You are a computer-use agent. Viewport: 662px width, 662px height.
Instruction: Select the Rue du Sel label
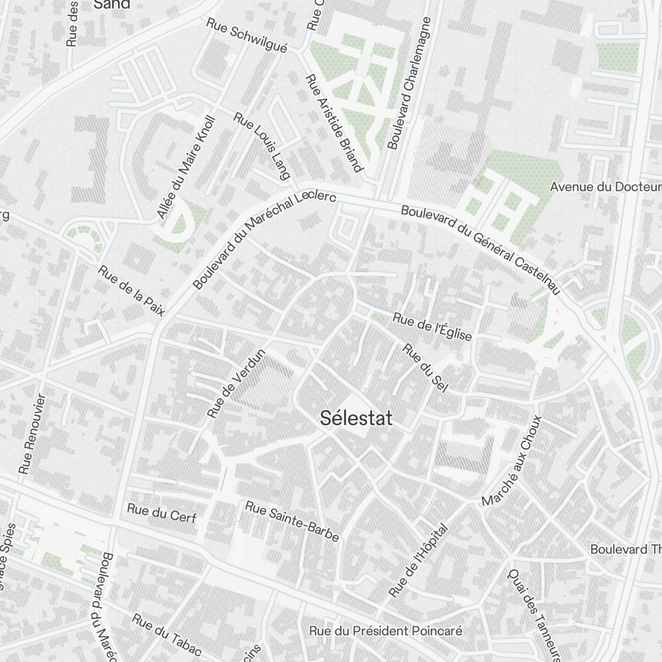(425, 367)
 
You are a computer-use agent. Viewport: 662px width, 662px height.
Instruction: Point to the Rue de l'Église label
(432, 327)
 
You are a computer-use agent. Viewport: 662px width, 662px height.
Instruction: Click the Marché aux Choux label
(512, 461)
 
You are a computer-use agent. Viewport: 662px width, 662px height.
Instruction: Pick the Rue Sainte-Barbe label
(292, 521)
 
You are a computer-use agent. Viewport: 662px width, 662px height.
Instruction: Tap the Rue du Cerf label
(162, 513)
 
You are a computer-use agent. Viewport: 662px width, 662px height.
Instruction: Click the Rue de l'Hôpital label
(418, 561)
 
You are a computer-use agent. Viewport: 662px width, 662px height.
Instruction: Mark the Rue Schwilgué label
(247, 34)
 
